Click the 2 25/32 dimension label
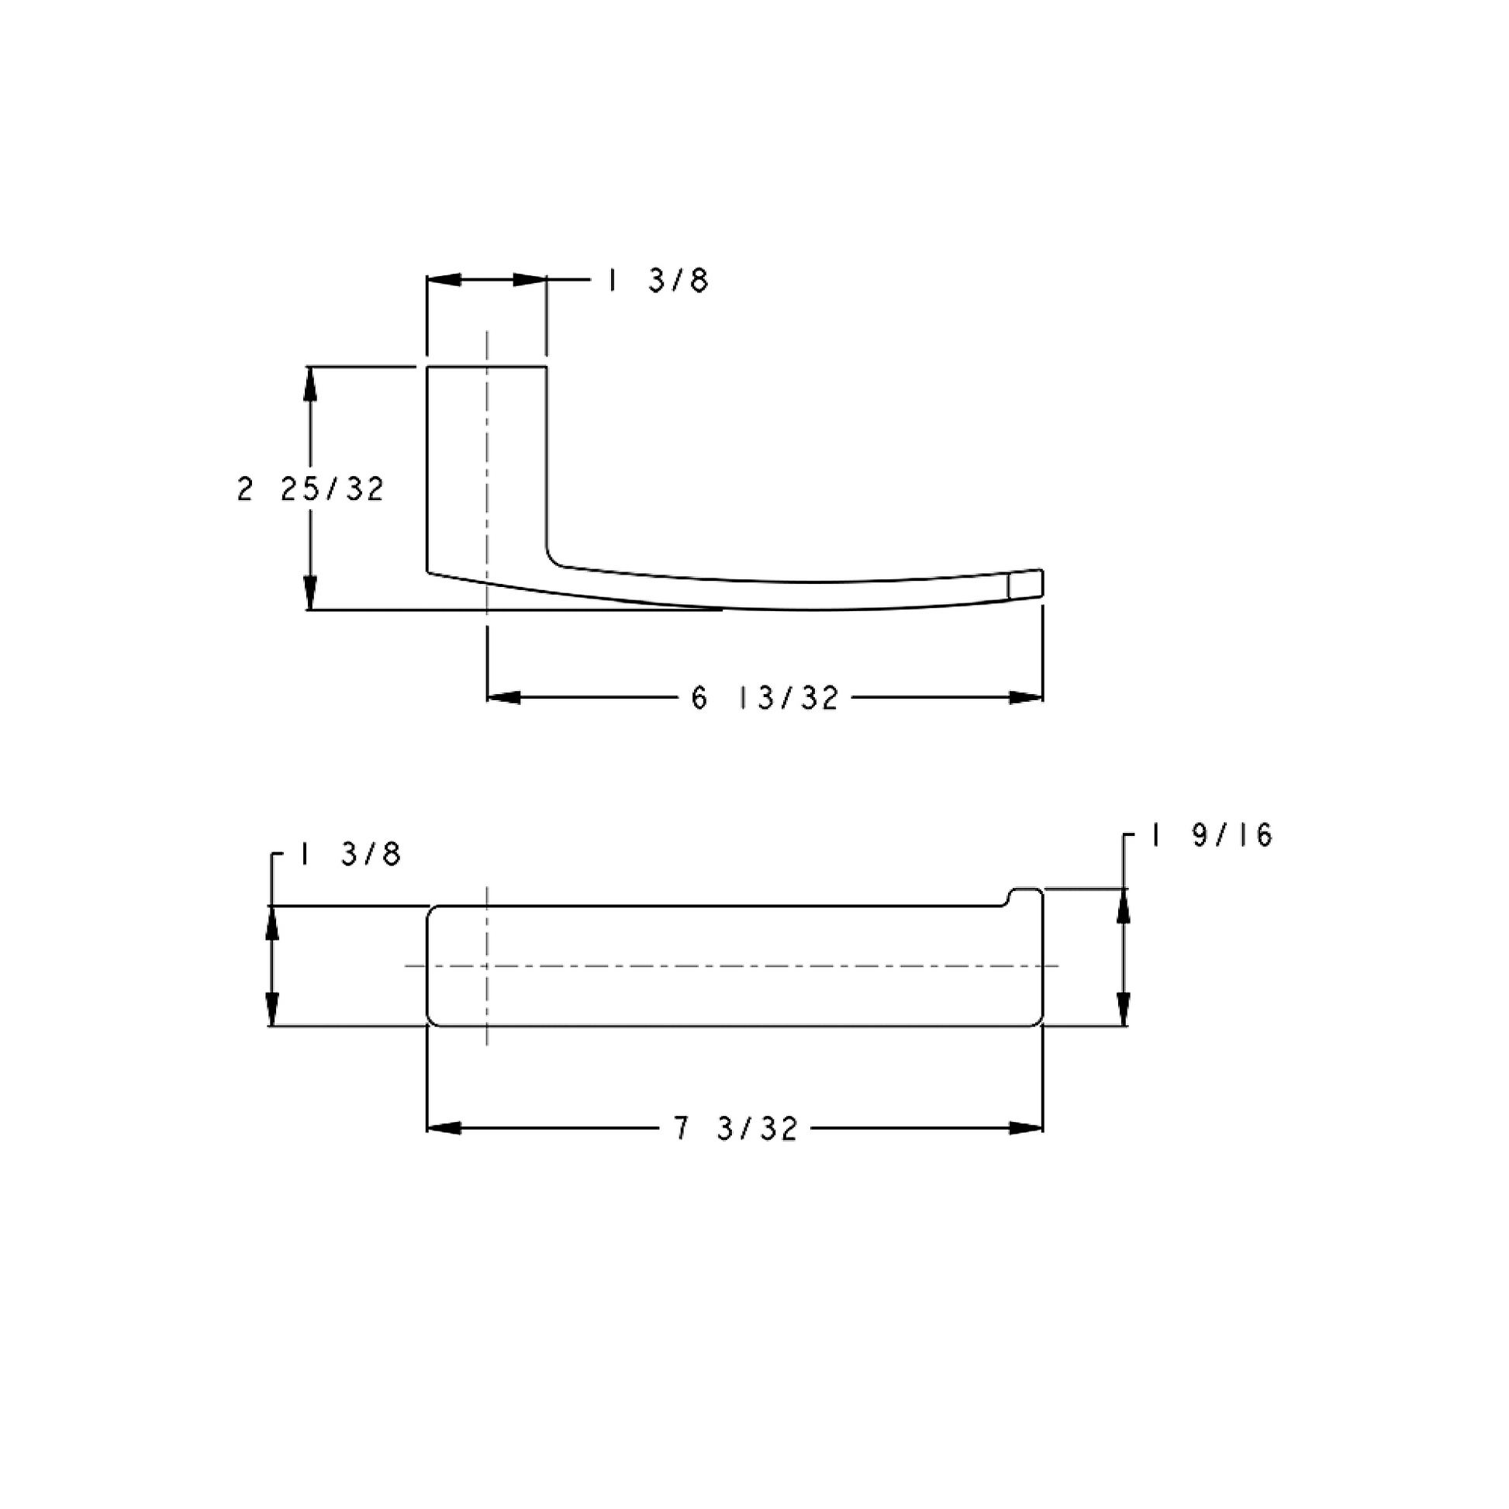coord(311,490)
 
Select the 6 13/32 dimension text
coord(765,698)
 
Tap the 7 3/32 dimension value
coord(736,1128)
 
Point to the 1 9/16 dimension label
coord(1210,836)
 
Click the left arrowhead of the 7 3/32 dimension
coord(444,1127)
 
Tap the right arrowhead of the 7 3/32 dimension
coord(1027,1127)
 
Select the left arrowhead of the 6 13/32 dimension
coord(504,697)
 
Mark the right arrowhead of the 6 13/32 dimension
coord(1027,697)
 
